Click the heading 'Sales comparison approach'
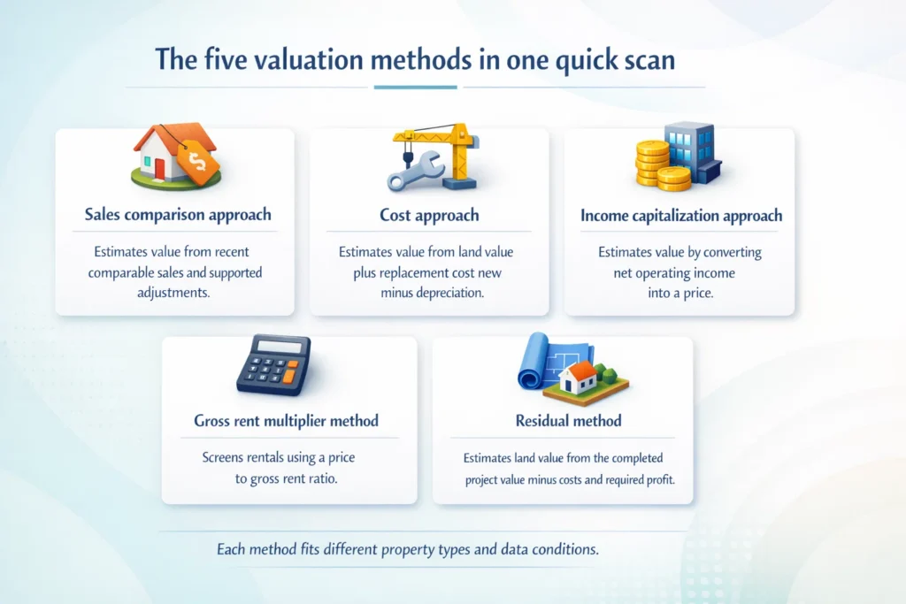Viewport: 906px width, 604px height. [178, 215]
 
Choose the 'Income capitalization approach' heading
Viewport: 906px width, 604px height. [680, 215]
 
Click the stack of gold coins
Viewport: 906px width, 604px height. [655, 164]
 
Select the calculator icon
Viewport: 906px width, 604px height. [273, 363]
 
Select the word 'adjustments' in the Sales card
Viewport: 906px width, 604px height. [175, 293]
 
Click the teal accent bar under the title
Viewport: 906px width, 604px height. [415, 87]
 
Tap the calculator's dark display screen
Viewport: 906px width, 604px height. [280, 345]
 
